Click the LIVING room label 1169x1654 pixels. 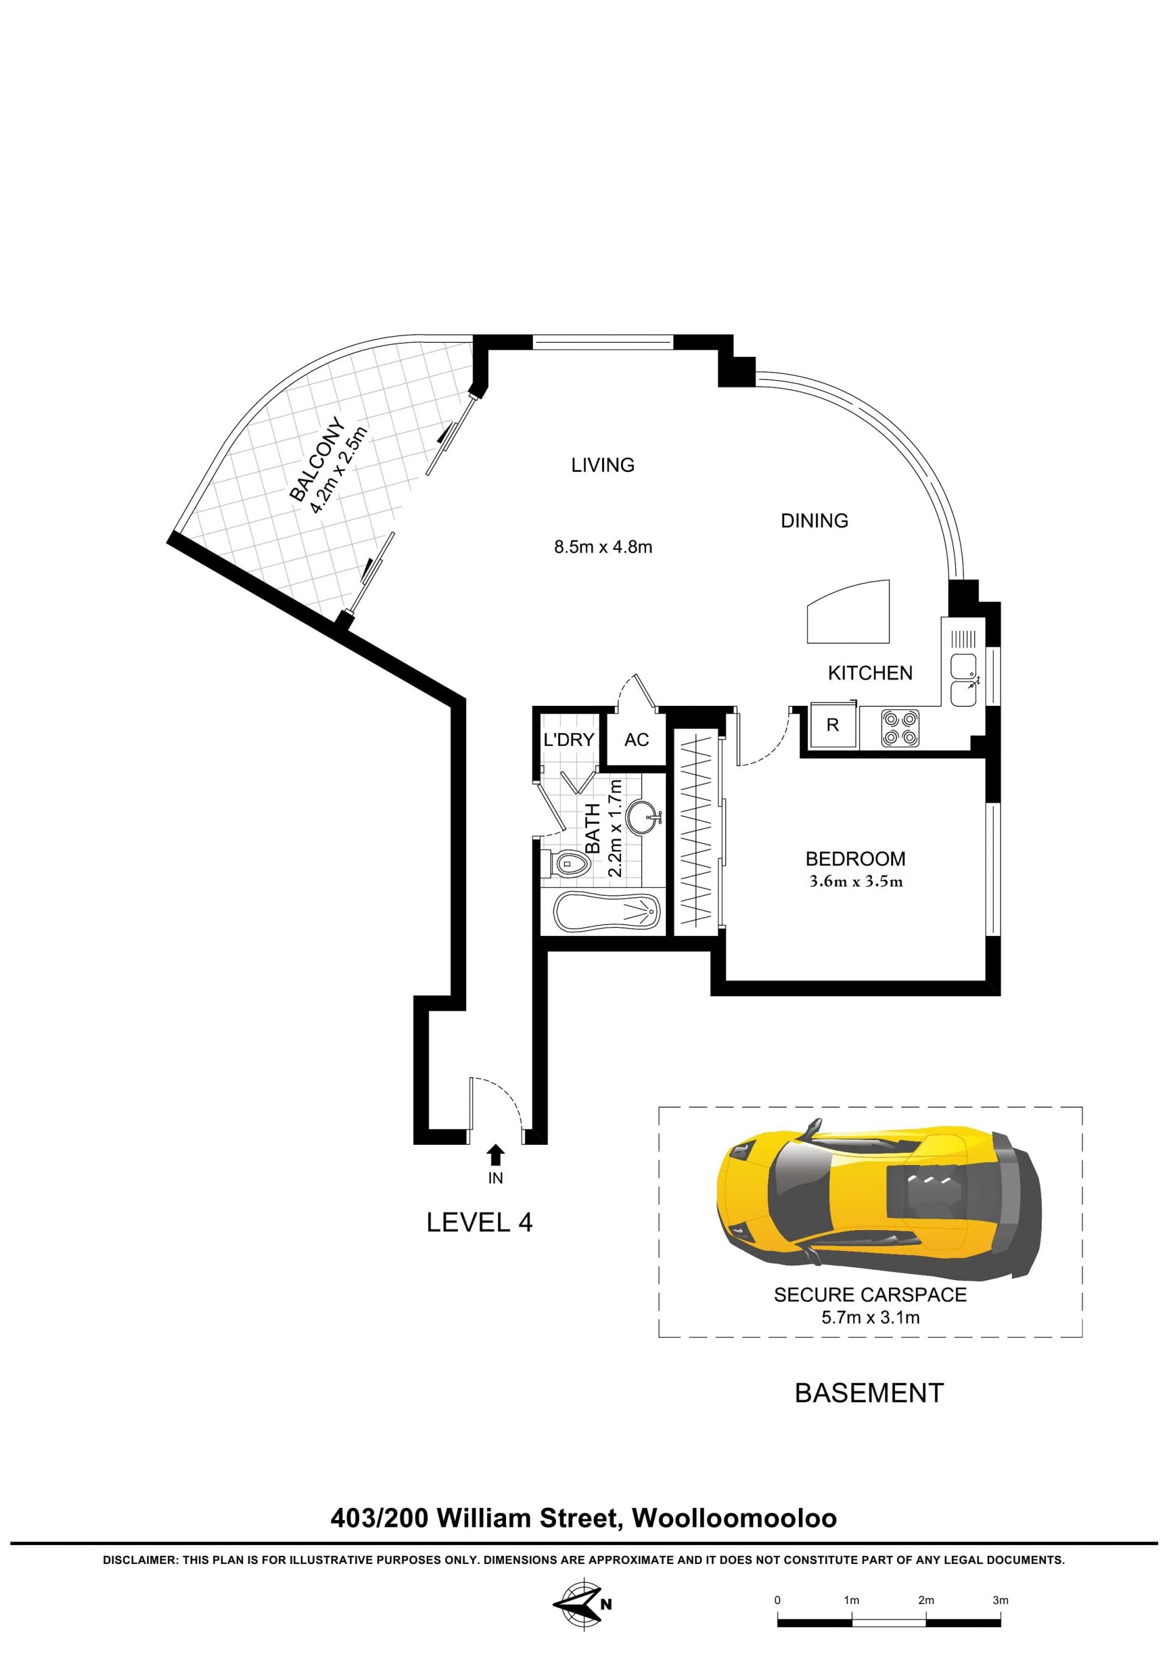pos(602,465)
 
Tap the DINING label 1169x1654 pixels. pos(814,521)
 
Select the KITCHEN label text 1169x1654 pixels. pos(869,674)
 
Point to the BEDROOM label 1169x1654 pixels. pos(855,859)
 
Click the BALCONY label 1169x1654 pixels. pos(318,459)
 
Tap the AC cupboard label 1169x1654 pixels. pos(636,740)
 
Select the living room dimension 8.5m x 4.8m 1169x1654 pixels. pos(603,547)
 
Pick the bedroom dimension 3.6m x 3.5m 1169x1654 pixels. pos(855,881)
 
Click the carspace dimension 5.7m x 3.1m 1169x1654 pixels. pos(870,1318)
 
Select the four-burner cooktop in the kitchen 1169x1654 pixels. pos(900,728)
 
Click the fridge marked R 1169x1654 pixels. pos(833,725)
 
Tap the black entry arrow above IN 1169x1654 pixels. pos(495,1155)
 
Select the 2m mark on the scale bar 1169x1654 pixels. pos(925,1600)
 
